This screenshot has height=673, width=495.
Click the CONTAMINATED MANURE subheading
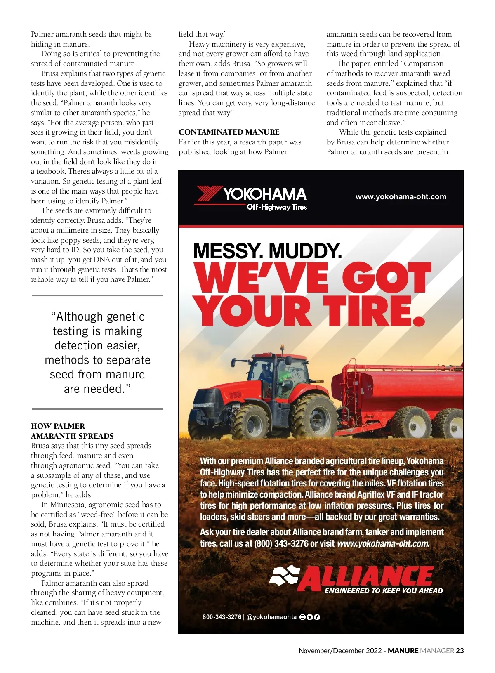click(x=229, y=132)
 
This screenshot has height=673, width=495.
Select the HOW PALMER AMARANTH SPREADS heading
click(x=72, y=431)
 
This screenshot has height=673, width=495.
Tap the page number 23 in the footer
click(x=460, y=651)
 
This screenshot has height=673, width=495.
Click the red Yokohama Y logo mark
click(x=209, y=194)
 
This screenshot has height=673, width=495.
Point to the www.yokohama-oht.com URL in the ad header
click(x=401, y=197)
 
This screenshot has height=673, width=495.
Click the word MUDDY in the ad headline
click(x=305, y=251)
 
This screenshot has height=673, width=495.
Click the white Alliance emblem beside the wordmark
click(x=284, y=575)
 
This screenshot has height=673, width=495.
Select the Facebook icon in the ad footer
click(x=317, y=617)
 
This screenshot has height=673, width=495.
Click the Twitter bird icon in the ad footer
click(x=310, y=617)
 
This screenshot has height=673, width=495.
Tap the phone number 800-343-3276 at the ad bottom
click(x=222, y=617)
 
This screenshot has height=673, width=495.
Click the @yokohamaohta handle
click(x=271, y=617)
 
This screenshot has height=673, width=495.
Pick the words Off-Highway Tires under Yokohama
click(x=277, y=207)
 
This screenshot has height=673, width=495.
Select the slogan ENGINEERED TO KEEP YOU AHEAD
click(x=384, y=590)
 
